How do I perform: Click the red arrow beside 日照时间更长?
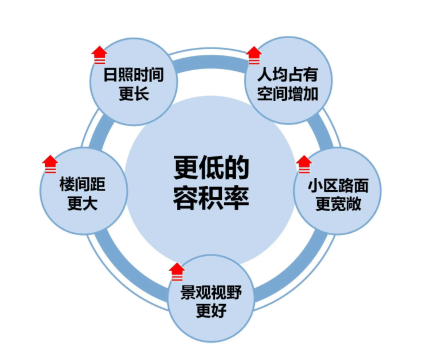coord(99,55)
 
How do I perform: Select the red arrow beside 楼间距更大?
coord(50,164)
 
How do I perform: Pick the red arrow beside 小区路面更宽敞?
coord(304,164)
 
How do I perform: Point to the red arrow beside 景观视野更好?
coord(177,270)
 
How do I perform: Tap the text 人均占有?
coord(287,76)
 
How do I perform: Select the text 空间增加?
coord(287,94)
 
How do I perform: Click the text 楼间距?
coord(83,185)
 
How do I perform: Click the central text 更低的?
coord(212,170)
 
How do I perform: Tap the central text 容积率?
coord(212,197)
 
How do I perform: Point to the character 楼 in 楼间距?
coord(67,185)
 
